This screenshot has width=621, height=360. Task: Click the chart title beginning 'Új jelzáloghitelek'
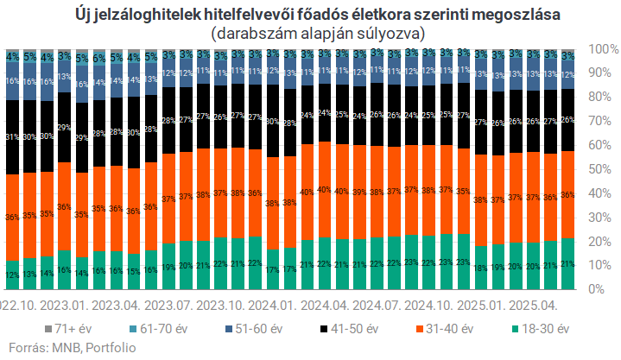[x=311, y=16]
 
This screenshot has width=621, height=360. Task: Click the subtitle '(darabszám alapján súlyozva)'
[x=311, y=34]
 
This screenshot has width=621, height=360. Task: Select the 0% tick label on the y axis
[x=602, y=289]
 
